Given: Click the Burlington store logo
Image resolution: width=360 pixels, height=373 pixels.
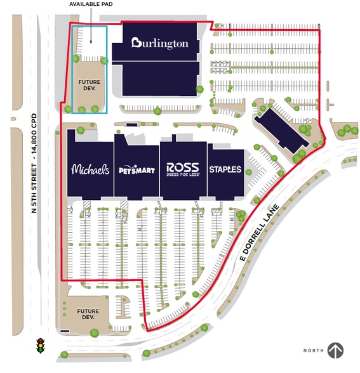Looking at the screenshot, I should pos(160,43).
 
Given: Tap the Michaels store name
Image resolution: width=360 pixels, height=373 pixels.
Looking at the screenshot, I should pos(90,169).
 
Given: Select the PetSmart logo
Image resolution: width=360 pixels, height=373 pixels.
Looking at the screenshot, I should pos(136,170).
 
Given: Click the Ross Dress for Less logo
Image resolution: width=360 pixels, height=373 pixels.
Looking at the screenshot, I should pos(183,169).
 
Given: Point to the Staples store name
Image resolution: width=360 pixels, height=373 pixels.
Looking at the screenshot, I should pos(225,169).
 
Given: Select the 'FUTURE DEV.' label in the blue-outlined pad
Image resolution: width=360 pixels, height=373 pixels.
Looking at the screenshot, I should pos(90,86).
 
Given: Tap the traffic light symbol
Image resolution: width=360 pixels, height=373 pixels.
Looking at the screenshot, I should pos(41,346).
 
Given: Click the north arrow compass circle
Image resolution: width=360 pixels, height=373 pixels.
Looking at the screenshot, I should pos(335,350).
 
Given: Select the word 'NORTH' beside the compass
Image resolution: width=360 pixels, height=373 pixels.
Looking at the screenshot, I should pos(313,351).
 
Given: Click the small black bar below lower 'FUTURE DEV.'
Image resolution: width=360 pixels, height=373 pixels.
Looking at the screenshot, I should pos(65,331).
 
